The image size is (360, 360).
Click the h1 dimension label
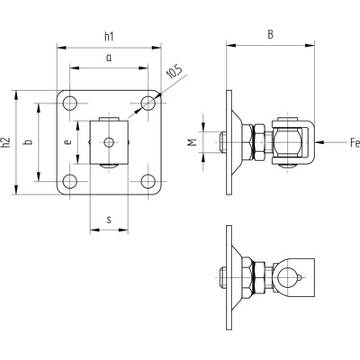tap(109, 37)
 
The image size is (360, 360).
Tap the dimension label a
tap(109, 58)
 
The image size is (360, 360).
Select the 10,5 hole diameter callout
tap(175, 72)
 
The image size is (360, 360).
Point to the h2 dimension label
tap(5, 142)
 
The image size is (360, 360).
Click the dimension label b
tap(29, 142)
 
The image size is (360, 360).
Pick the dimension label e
tap(68, 142)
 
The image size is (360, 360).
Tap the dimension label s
tap(109, 220)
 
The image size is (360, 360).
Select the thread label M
tap(193, 142)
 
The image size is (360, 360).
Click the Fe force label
tap(355, 142)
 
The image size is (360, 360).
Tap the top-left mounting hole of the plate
tap(70, 103)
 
